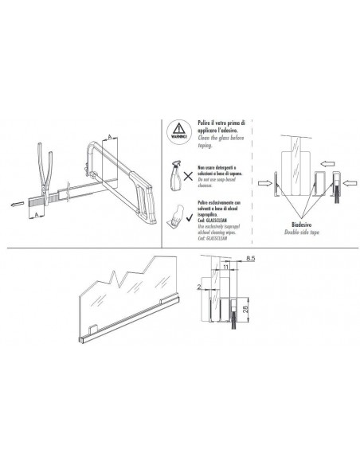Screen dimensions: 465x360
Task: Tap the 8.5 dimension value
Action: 252,260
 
